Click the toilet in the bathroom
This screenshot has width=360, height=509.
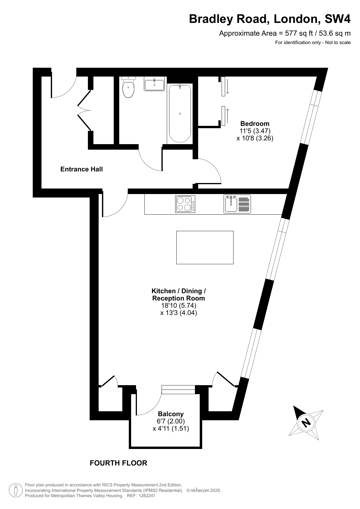click(x=128, y=87)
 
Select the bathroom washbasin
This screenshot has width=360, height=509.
click(x=154, y=84)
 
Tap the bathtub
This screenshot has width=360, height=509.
click(x=180, y=113)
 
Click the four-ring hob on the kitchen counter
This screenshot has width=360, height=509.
click(x=185, y=204)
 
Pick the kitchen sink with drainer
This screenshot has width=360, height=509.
click(x=237, y=204)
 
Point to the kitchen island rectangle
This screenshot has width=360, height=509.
click(x=205, y=247)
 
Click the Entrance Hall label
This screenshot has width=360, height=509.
click(x=82, y=169)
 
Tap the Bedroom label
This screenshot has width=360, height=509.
click(x=255, y=124)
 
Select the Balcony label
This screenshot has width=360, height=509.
click(x=171, y=414)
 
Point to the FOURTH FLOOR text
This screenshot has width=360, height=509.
click(x=118, y=463)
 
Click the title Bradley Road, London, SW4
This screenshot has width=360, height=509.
click(x=270, y=19)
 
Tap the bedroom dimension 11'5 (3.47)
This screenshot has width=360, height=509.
click(x=255, y=131)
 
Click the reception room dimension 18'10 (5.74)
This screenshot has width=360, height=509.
click(x=179, y=305)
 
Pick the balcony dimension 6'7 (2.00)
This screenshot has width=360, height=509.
click(x=171, y=421)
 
